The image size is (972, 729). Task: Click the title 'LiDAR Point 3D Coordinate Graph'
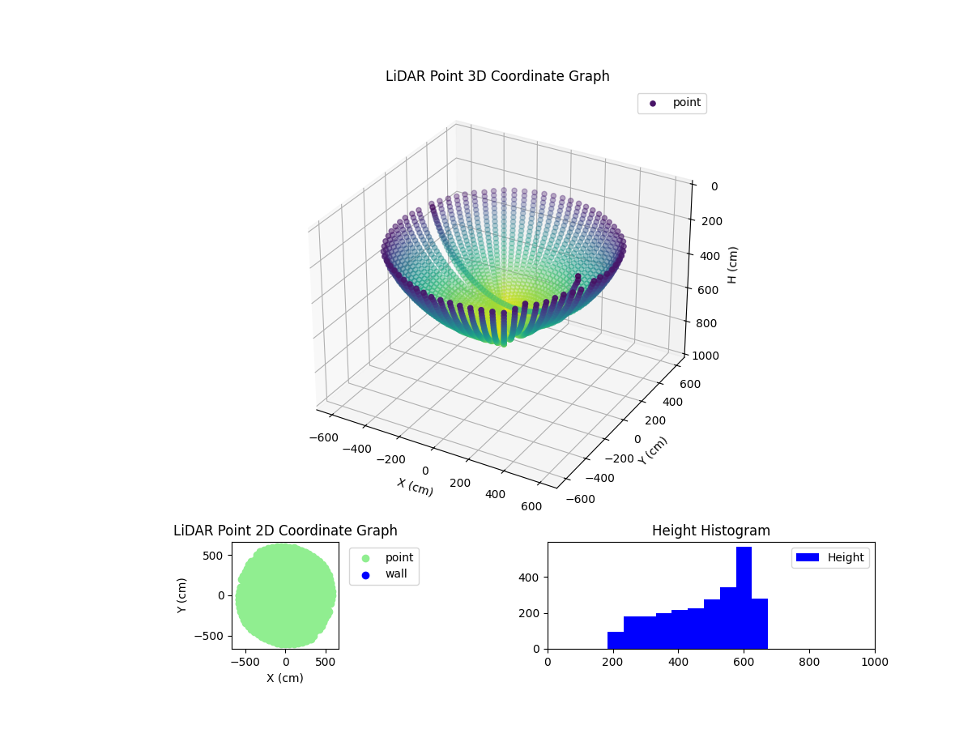497,76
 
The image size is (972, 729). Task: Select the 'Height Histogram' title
710,531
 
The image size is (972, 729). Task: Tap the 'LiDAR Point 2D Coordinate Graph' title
285,531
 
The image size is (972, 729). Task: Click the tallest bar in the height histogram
744,598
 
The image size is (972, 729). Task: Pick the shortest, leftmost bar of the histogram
616,640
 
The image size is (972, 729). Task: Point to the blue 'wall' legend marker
365,574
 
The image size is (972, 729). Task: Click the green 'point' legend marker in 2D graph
365,558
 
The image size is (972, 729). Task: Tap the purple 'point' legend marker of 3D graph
653,103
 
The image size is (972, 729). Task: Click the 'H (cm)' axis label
732,265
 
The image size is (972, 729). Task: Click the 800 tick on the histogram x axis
809,662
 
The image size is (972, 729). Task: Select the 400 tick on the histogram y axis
533,578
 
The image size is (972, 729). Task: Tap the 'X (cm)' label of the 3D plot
415,487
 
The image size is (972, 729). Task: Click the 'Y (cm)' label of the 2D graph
182,595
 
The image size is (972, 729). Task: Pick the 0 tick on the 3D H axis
714,186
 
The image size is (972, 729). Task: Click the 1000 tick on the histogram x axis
875,662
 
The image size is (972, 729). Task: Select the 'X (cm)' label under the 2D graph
285,678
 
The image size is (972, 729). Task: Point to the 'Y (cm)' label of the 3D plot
653,450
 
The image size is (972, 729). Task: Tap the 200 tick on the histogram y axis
533,613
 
